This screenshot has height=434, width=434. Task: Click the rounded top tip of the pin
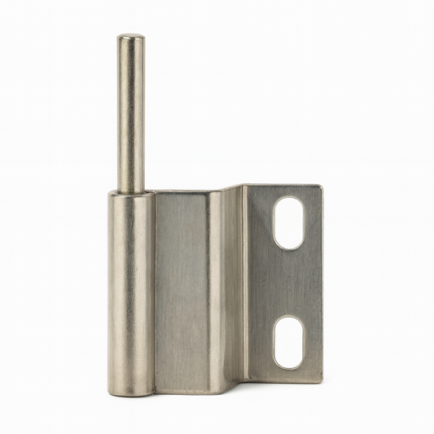pos(130,37)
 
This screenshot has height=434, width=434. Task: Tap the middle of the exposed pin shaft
pos(130,114)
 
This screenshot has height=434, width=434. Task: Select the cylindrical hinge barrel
pos(131,293)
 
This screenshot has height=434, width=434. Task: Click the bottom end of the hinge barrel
pos(131,392)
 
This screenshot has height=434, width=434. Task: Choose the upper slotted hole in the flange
pos(288,222)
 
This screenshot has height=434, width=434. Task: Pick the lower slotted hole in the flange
pos(288,341)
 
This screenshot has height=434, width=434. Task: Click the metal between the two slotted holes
pos(288,282)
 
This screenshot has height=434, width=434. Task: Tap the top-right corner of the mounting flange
pos(320,187)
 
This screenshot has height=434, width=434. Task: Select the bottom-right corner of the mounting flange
pos(320,380)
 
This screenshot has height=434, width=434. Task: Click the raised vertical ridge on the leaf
pos(216,293)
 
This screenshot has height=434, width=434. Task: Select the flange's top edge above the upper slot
pos(288,186)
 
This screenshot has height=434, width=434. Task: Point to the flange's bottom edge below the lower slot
pos(288,381)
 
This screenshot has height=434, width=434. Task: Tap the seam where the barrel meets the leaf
pos(155,293)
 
